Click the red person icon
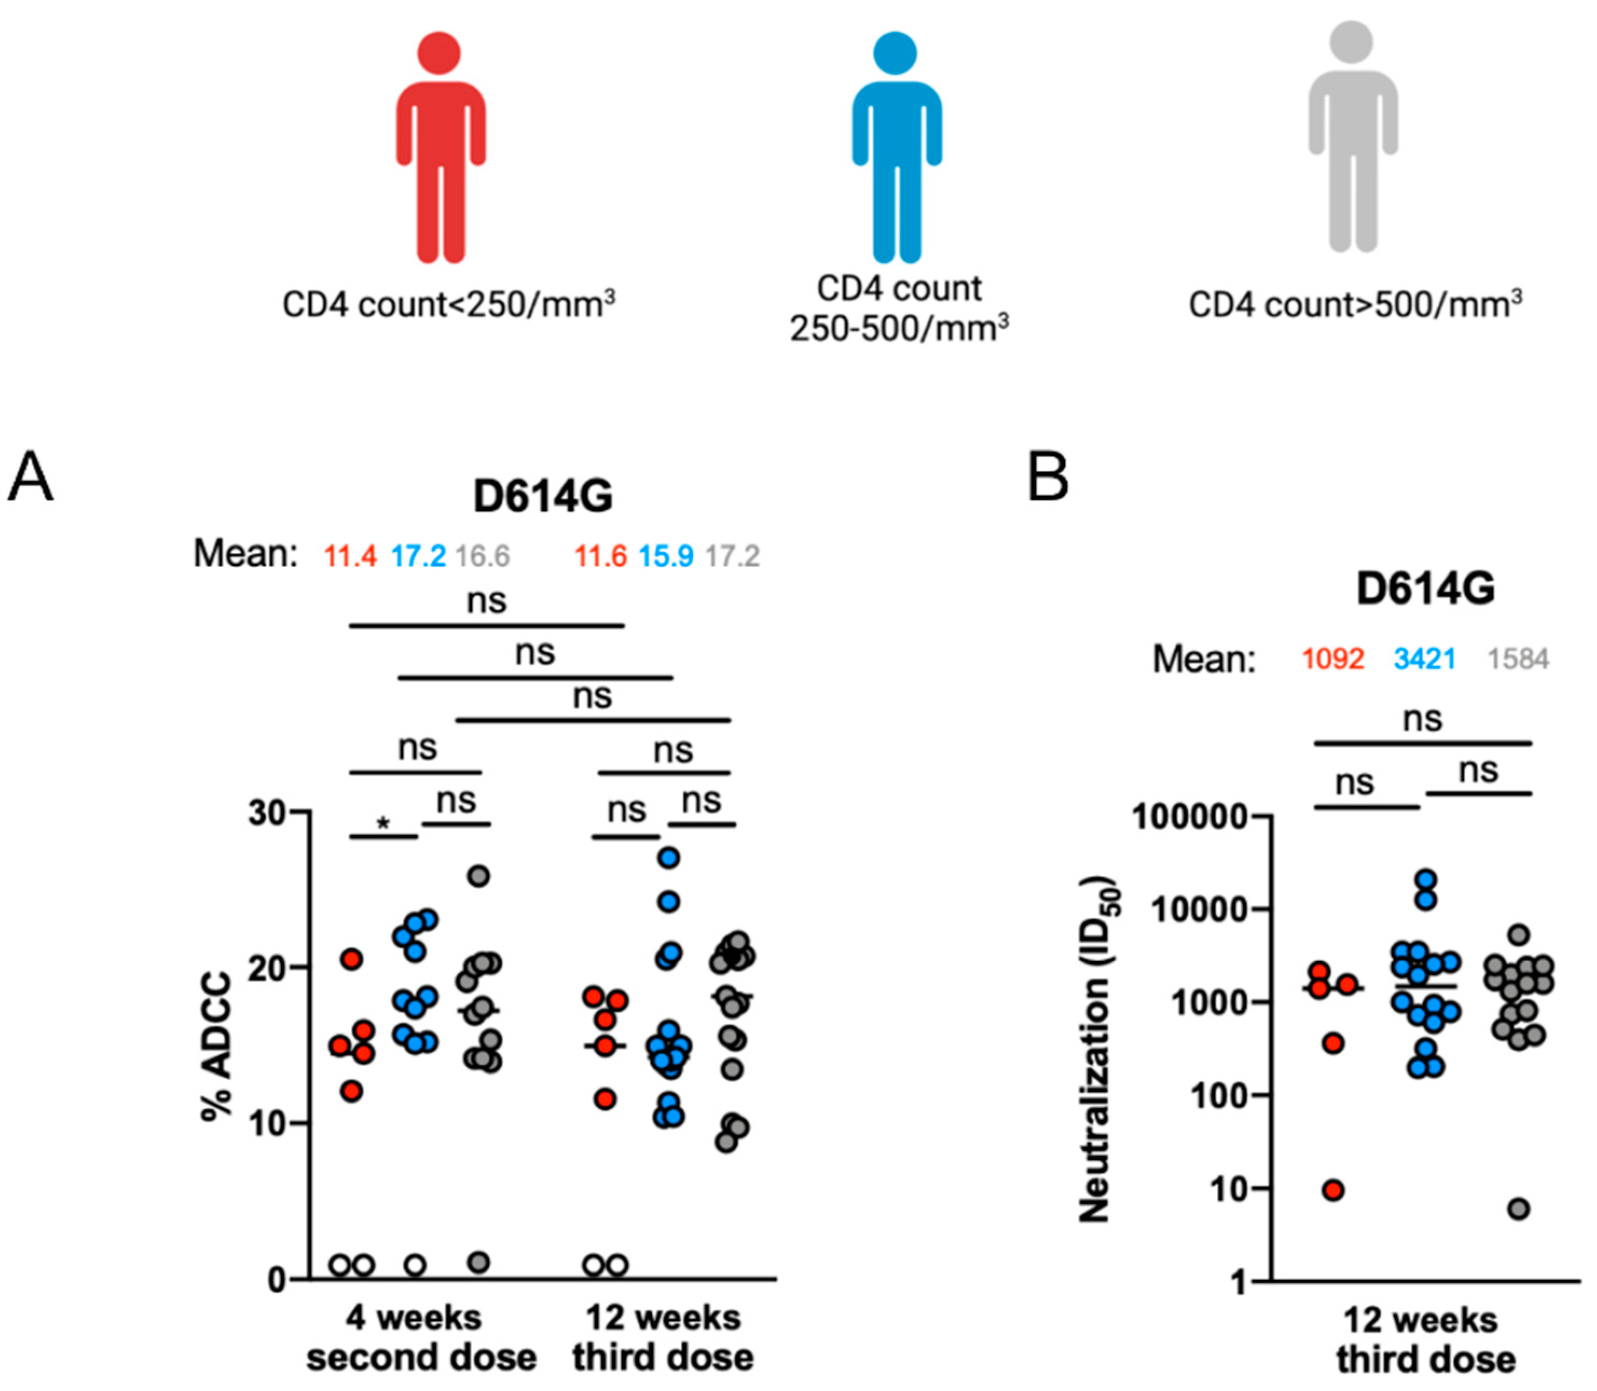click(x=440, y=148)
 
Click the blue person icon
click(x=896, y=148)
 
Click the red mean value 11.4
click(x=350, y=556)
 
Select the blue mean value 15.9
click(x=666, y=556)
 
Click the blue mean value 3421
click(x=1424, y=659)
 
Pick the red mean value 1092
click(x=1333, y=659)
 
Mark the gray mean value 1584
click(x=1518, y=659)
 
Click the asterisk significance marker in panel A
click(x=383, y=823)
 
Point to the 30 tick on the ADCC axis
click(x=268, y=813)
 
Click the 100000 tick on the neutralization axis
click(x=1190, y=818)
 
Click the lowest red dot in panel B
click(x=1334, y=1190)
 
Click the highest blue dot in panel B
click(x=1426, y=880)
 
